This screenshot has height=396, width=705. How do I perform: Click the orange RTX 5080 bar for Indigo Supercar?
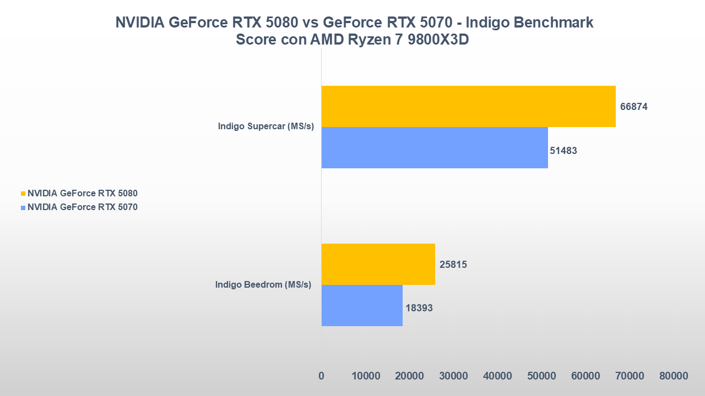[468, 106]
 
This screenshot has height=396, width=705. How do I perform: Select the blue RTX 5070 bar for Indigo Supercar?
[435, 147]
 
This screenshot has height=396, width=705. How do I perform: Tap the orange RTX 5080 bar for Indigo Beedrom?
[378, 264]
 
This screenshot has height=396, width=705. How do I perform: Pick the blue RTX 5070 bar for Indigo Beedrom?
[362, 305]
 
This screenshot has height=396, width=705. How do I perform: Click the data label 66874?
[633, 107]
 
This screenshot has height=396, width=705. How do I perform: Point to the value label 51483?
[563, 151]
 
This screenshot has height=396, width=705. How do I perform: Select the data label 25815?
[453, 265]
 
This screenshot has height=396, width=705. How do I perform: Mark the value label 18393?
[419, 309]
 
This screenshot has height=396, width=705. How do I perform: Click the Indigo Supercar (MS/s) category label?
[265, 127]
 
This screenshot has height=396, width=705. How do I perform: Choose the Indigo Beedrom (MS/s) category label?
[263, 285]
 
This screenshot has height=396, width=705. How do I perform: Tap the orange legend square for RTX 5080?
[23, 194]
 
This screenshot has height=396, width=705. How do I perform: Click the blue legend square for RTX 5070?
[23, 208]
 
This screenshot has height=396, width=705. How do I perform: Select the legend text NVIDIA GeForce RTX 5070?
[83, 208]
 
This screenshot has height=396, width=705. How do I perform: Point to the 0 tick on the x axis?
[321, 376]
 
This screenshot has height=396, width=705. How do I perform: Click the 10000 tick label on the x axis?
[366, 376]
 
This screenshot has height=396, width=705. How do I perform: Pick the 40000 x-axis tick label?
[497, 376]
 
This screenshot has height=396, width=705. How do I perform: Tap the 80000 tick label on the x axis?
[674, 376]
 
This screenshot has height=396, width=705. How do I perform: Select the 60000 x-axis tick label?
[585, 376]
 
